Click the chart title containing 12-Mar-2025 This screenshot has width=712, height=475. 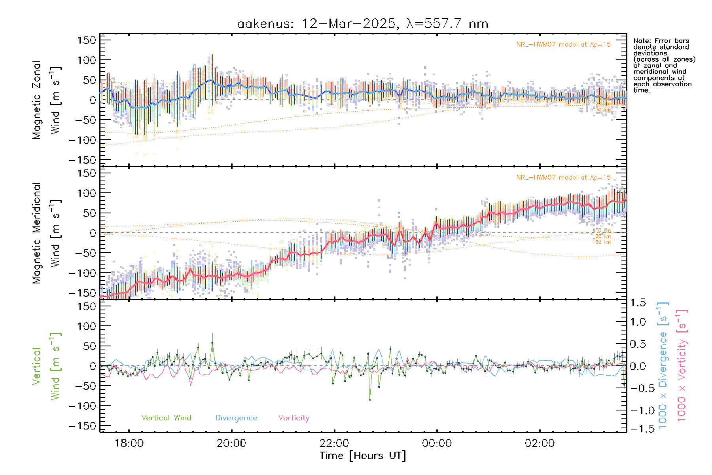363,24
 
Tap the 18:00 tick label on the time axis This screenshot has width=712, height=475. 129,443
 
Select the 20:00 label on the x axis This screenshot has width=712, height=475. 231,443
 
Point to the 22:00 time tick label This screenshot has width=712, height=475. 334,443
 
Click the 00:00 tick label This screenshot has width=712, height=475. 437,443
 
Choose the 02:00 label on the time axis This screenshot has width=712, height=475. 540,443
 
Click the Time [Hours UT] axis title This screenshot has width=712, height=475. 363,456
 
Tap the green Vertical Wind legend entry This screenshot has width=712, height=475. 166,418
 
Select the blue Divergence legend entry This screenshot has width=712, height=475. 236,418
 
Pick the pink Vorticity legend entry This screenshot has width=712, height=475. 294,418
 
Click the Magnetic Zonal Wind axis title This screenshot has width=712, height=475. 46,100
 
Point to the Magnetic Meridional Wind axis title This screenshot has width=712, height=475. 46,233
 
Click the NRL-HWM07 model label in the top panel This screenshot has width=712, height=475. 563,45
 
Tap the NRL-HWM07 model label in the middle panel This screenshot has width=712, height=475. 563,178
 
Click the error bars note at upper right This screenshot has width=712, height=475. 664,65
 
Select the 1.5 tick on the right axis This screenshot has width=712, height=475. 638,303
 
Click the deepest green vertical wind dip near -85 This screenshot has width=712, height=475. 370,400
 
